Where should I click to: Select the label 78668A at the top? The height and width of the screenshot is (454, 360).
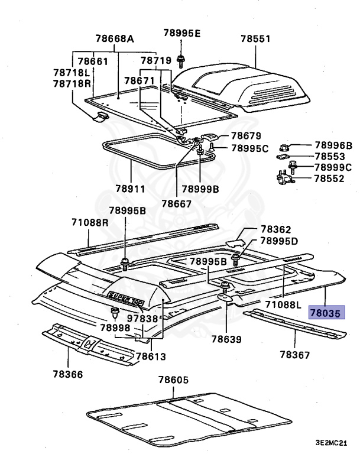tap(113, 40)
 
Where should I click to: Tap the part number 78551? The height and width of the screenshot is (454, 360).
tap(255, 40)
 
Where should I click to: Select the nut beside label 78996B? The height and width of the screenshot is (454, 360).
tap(283, 145)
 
